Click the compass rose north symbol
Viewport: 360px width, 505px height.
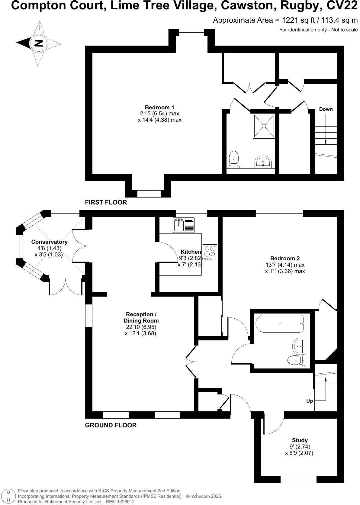tap(38, 43)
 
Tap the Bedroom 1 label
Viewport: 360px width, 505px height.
tap(159, 107)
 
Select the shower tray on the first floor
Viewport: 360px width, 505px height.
tap(264, 126)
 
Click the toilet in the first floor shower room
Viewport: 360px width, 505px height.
tap(234, 160)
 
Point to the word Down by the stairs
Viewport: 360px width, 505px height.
tap(326, 109)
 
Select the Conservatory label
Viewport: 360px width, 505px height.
tap(49, 242)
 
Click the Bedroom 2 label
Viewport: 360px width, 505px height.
tap(285, 258)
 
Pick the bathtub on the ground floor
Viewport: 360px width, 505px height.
tap(280, 324)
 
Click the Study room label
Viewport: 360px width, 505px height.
tap(300, 440)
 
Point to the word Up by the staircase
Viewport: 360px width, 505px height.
tap(310, 401)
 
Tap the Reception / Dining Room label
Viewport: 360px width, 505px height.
tap(141, 317)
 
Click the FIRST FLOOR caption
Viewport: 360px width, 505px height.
tap(106, 202)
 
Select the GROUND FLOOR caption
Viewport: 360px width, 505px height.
tap(111, 425)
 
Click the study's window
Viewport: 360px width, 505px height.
tap(298, 479)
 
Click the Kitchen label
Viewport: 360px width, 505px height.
tap(191, 252)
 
